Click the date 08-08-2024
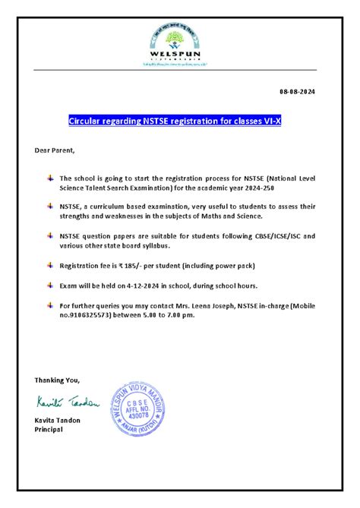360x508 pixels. tap(297, 92)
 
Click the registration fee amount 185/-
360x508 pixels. tap(123, 267)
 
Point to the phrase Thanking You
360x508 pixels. tap(56, 379)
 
